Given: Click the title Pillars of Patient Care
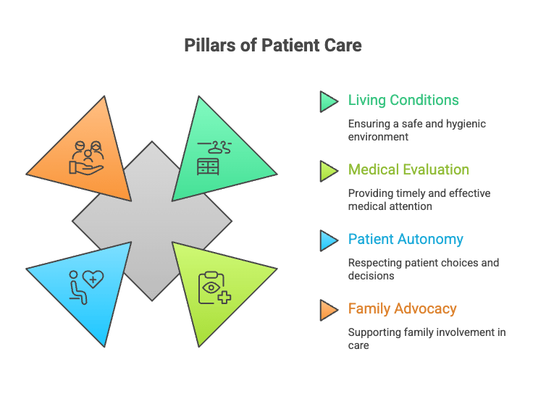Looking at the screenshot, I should click(x=272, y=46).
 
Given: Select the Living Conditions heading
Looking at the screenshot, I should click(x=403, y=100).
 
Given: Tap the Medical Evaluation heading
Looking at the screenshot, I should click(x=408, y=169).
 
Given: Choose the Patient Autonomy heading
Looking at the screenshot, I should click(x=406, y=239).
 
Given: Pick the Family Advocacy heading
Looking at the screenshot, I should click(x=402, y=308).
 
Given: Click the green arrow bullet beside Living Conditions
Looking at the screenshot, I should click(x=328, y=101).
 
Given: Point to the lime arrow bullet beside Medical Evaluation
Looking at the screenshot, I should click(x=328, y=170).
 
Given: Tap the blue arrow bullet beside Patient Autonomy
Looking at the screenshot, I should click(x=328, y=240).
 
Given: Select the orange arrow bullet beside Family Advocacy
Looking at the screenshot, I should click(x=328, y=309).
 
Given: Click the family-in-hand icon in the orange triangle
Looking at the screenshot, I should click(x=87, y=157).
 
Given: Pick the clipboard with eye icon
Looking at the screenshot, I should click(x=214, y=287).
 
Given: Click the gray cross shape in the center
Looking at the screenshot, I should click(x=151, y=220).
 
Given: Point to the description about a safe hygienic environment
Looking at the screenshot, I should click(x=416, y=130).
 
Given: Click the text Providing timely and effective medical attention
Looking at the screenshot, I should click(x=419, y=199).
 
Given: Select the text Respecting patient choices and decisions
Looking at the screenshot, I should click(x=423, y=269).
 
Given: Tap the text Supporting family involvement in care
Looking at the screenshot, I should click(x=426, y=338).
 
